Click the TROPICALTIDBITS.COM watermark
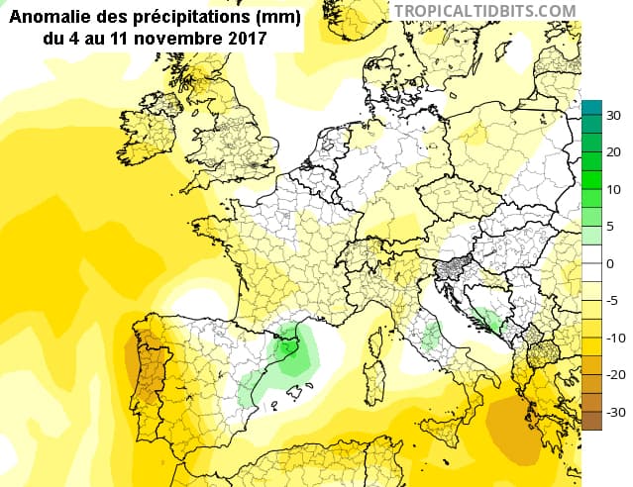(x=484, y=10)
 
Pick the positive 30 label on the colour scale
(x=613, y=116)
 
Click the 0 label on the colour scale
(x=610, y=263)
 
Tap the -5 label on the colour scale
(x=613, y=301)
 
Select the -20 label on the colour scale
(x=614, y=375)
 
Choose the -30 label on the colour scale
(x=614, y=412)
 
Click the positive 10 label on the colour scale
(x=613, y=189)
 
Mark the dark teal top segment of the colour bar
(x=591, y=110)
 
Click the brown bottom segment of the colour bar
(x=591, y=421)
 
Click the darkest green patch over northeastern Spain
(x=289, y=348)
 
